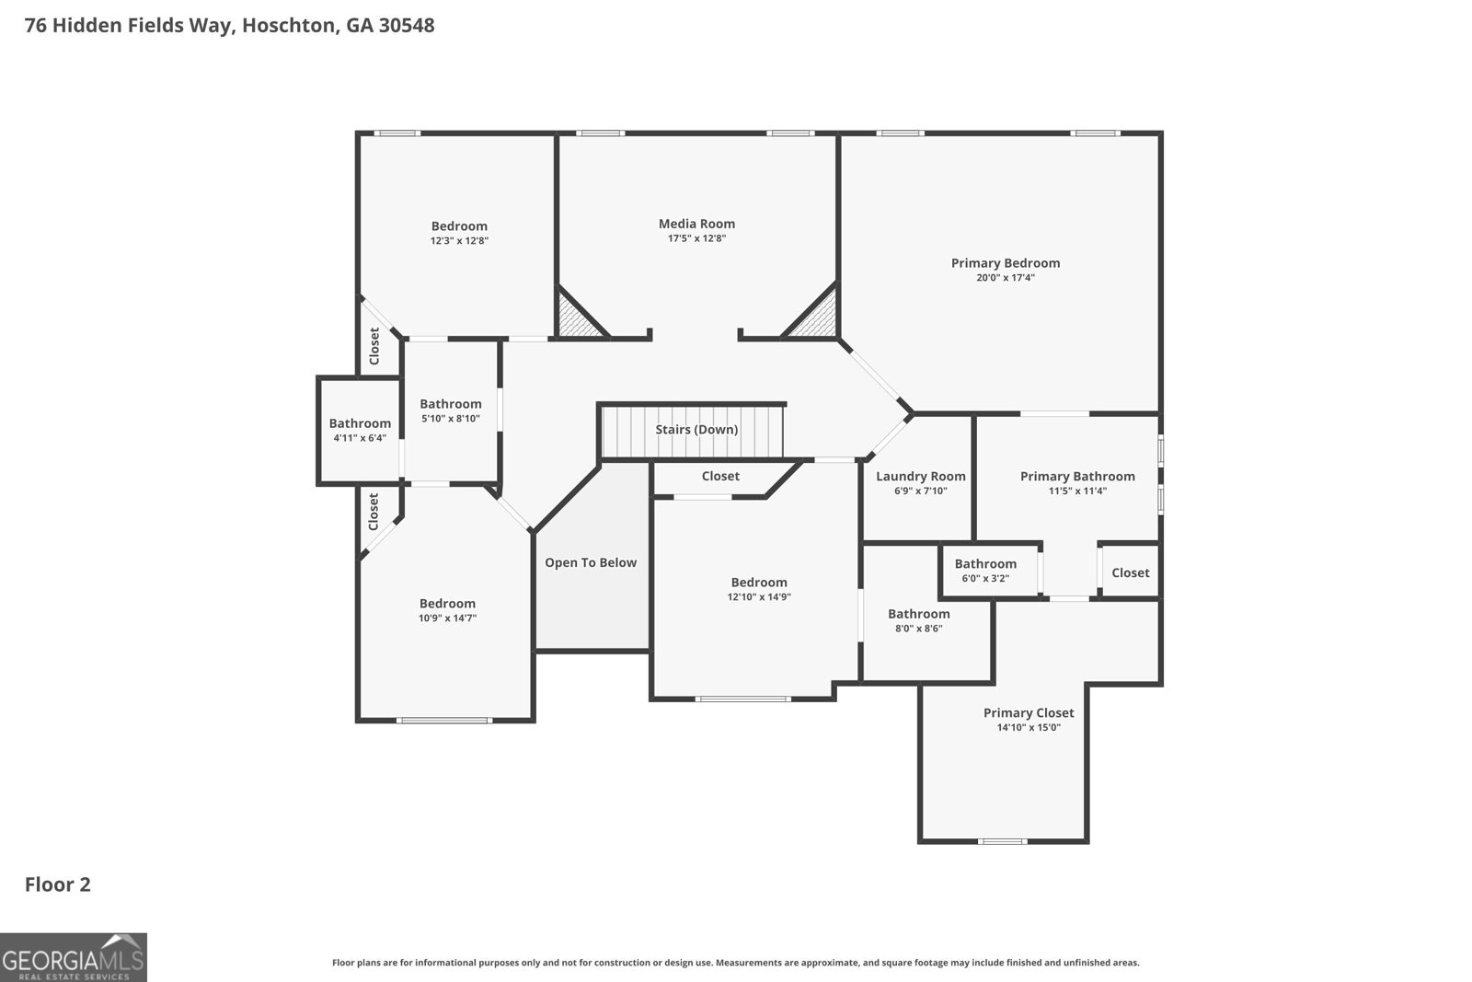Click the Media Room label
pos(696,224)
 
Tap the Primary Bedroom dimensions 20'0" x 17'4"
pos(1005,277)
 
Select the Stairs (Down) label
pos(696,430)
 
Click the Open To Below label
pos(591,562)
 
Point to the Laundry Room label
pos(920,476)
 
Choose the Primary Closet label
pos(1028,712)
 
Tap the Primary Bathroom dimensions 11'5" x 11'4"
pos(1077,491)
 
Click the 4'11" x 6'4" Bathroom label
pos(360,423)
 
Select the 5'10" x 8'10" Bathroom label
pos(451,404)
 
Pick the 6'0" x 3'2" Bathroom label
pos(985,564)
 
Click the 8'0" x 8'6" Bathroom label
pos(918,614)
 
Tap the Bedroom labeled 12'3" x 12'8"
pos(459,226)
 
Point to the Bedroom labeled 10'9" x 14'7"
pos(447,604)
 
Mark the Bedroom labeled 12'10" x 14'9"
pos(759,583)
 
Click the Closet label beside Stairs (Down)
pos(720,476)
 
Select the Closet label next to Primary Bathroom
pos(1130,572)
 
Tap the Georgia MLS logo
pos(74,957)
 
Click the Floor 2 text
pos(57,884)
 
